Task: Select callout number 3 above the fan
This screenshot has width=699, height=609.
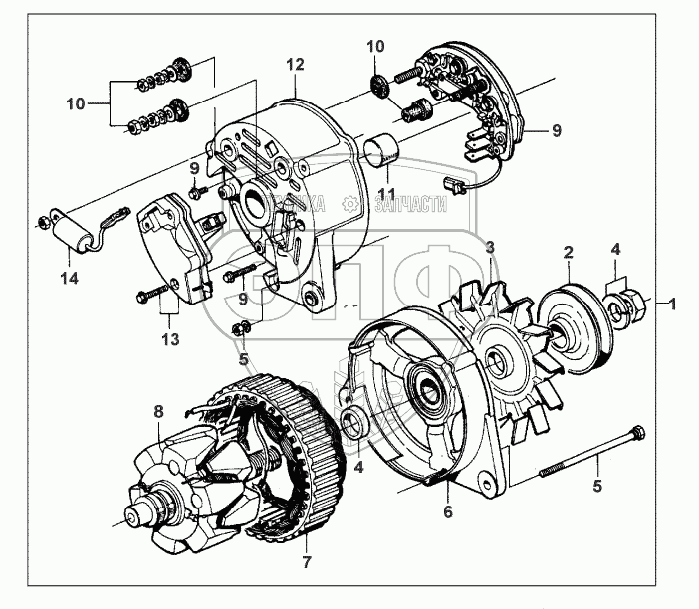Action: click(489, 245)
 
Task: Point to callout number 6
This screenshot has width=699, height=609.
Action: click(448, 512)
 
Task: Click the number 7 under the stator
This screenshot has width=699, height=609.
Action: click(306, 546)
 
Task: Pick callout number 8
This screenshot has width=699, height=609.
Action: click(158, 411)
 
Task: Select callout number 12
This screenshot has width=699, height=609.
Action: click(293, 65)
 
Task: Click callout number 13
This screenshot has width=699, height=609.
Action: click(170, 340)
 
